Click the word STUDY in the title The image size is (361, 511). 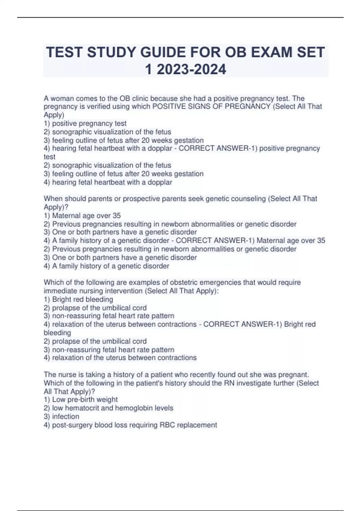pyautogui.click(x=111, y=52)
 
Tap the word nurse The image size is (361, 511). pyautogui.click(x=65, y=375)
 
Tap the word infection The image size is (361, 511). pyautogui.click(x=66, y=416)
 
